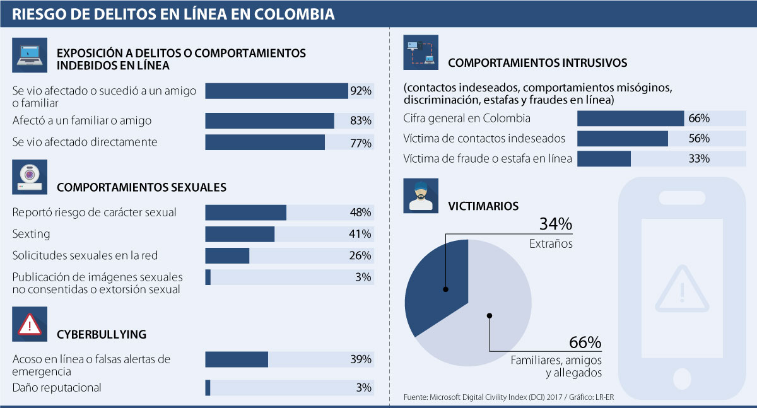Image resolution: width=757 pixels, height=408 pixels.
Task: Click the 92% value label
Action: (361, 91)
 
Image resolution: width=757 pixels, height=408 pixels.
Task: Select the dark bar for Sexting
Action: (240, 234)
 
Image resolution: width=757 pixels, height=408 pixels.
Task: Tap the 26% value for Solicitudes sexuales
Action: (361, 255)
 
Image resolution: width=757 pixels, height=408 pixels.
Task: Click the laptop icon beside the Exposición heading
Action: (29, 55)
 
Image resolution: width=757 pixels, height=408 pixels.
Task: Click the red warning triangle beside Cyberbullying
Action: (29, 324)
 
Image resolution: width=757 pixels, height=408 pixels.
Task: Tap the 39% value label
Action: (361, 359)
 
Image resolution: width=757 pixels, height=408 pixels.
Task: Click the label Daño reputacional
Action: (57, 387)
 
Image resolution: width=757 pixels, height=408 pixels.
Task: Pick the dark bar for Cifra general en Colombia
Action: (630, 119)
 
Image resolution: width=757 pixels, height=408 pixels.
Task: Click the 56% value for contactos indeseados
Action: (700, 139)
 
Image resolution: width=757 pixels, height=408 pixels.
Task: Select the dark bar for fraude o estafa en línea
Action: (604, 159)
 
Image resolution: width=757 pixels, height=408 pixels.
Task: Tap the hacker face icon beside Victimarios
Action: (421, 195)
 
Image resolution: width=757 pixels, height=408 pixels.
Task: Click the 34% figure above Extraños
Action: (555, 224)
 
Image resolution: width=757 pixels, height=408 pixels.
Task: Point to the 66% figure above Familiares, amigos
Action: (585, 342)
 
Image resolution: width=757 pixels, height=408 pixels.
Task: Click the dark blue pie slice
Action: (435, 284)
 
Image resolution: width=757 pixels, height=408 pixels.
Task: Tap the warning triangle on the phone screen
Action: (681, 291)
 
